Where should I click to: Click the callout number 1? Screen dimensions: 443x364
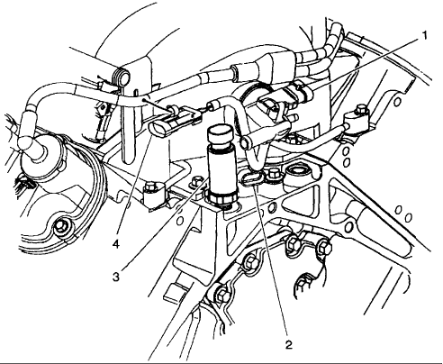pyautogui.click(x=424, y=36)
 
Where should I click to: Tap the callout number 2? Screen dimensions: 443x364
pyautogui.click(x=288, y=344)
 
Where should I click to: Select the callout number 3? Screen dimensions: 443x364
pyautogui.click(x=116, y=277)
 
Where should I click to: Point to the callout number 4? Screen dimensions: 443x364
pyautogui.click(x=116, y=244)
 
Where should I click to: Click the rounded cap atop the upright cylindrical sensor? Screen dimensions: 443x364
pyautogui.click(x=220, y=134)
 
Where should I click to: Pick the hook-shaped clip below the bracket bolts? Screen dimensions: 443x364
pyautogui.click(x=303, y=285)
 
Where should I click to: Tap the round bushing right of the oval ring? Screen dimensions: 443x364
pyautogui.click(x=297, y=174)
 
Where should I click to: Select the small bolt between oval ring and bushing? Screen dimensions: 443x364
pyautogui.click(x=273, y=175)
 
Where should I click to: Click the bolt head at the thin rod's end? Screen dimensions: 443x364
pyautogui.click(x=361, y=110)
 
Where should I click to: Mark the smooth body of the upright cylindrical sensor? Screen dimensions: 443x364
pyautogui.click(x=221, y=170)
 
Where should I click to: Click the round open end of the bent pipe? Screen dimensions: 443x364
pyautogui.click(x=247, y=142)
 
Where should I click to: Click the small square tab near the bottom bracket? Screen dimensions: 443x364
pyautogui.click(x=173, y=294)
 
